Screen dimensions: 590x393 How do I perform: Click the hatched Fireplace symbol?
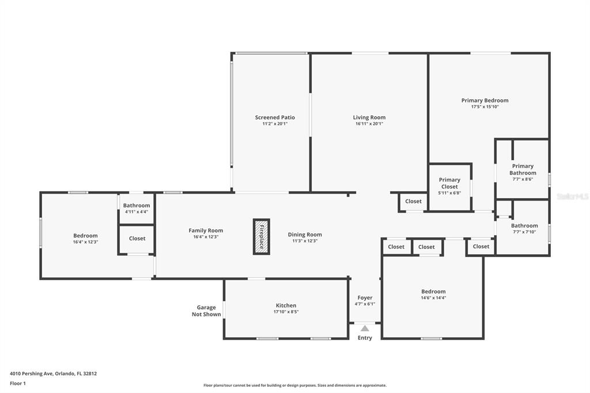click(261, 237)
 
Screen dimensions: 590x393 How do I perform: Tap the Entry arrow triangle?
click(365, 328)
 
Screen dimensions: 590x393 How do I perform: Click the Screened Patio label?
click(275, 118)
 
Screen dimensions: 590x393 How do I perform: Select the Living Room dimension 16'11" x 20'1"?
click(369, 123)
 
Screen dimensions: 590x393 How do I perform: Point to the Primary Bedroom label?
click(485, 100)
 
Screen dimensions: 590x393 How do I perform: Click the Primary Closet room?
click(450, 187)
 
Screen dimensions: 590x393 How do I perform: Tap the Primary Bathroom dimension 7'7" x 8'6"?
click(523, 179)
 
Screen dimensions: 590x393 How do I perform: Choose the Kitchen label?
click(286, 305)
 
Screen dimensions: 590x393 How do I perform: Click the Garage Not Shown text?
click(206, 311)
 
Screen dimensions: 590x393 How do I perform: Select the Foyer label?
click(365, 298)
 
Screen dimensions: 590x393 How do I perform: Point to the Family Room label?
click(206, 230)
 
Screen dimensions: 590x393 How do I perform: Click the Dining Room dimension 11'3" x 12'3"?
click(305, 241)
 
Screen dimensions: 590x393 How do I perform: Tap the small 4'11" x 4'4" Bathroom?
click(137, 208)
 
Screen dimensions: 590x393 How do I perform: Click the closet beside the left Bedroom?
click(137, 240)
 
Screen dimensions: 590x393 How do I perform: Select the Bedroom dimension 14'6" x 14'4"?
click(433, 298)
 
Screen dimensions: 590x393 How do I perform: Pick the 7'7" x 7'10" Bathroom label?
click(524, 226)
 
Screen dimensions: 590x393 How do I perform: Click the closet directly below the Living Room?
click(413, 202)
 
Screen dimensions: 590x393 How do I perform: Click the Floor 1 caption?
click(18, 384)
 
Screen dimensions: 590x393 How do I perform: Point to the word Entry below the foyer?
click(365, 338)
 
